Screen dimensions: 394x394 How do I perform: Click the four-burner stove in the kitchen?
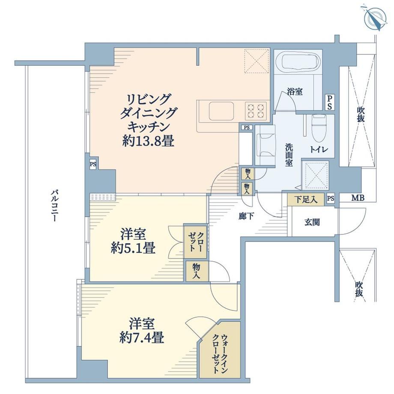point(256,111)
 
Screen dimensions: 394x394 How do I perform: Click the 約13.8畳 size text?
point(148,141)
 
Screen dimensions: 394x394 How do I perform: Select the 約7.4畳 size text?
point(142,337)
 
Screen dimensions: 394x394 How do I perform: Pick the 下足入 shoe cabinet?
point(306,200)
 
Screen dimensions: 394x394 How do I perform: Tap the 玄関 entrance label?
point(312,222)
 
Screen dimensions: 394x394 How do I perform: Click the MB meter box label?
point(358,198)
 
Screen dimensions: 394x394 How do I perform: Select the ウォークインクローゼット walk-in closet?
point(220,349)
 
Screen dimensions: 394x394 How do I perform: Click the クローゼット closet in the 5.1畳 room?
point(195,242)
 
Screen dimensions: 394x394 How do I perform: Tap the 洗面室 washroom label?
point(289,155)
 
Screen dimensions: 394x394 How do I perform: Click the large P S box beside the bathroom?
point(329,102)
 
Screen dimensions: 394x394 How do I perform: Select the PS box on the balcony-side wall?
point(93,164)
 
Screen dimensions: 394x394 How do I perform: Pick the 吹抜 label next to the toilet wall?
point(361,115)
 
